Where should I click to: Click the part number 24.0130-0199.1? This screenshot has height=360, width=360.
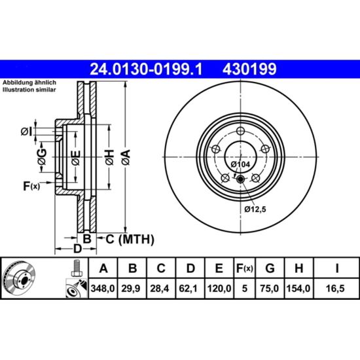pos(146,69)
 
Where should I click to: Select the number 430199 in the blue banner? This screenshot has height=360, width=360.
pos(249,69)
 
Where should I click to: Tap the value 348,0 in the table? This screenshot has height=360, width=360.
pos(103,289)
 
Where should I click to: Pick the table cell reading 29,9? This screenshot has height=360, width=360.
pos(131,289)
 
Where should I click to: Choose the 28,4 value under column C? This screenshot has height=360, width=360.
pos(160,289)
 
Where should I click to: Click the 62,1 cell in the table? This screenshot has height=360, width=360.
pos(189,289)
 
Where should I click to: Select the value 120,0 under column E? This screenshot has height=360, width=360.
pos(219,289)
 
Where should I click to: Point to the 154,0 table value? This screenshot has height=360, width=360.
pos(298,289)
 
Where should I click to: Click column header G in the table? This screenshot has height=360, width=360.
pos(270,268)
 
